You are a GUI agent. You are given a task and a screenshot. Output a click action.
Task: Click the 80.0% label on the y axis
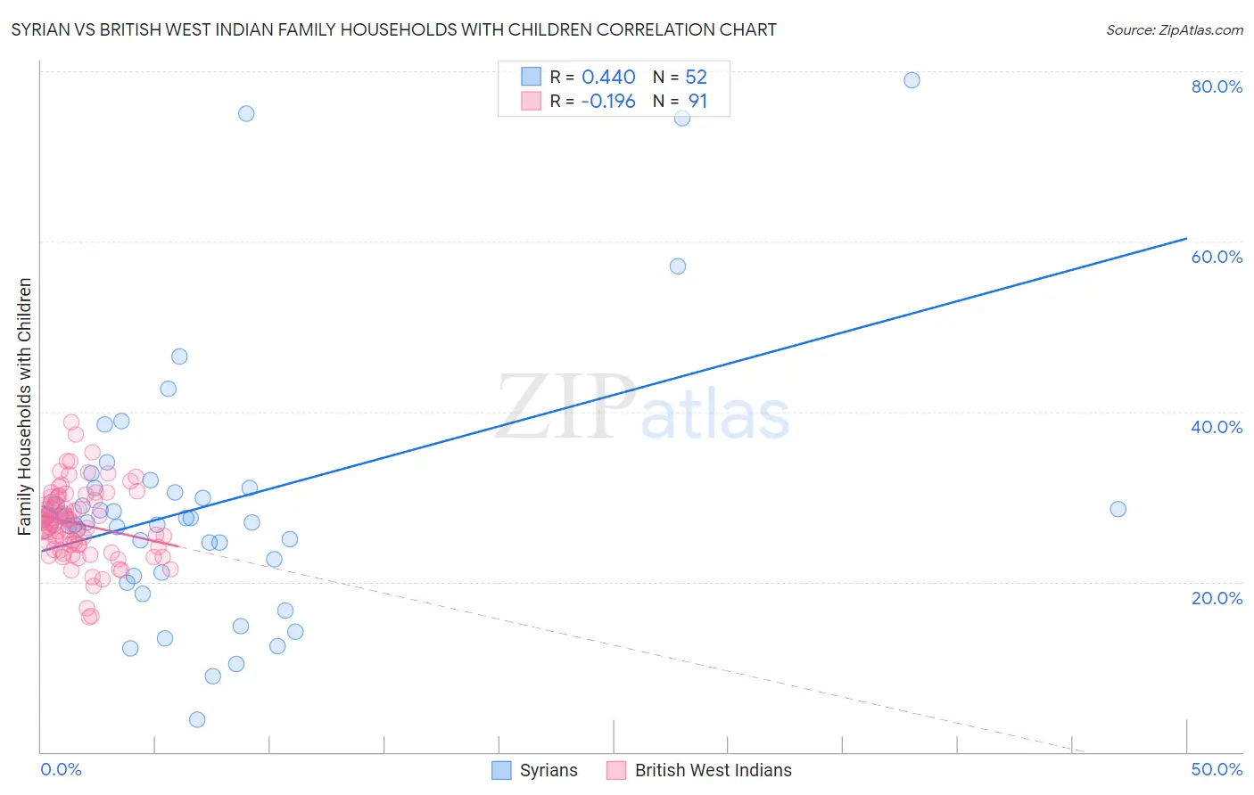pos(1217,86)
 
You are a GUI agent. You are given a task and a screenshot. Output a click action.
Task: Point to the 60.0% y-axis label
pos(1217,257)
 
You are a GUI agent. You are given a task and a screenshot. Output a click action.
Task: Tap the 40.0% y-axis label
pos(1217,427)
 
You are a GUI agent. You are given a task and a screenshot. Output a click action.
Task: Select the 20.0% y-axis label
pos(1217,597)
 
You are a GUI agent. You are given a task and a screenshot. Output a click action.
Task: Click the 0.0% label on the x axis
pos(61,769)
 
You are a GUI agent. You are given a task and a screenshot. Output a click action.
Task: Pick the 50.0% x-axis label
pos(1217,769)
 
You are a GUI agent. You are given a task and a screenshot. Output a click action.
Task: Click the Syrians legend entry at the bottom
pos(548,770)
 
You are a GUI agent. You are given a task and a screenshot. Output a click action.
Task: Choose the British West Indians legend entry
pos(713,770)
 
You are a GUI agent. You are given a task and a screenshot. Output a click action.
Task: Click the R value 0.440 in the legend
pos(608,78)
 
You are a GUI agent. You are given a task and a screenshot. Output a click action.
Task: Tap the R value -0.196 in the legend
pos(607,102)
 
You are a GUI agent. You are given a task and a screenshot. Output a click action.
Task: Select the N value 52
pos(696,78)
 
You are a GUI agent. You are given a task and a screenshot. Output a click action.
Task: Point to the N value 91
pos(697,102)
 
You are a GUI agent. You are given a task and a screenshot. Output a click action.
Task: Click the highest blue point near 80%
pos(912,80)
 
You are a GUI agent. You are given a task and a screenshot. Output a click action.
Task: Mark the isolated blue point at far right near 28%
pos(1118,509)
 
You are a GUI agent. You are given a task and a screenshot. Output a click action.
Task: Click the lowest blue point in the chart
pos(197,719)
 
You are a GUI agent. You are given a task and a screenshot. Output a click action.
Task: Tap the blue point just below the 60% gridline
pos(678,266)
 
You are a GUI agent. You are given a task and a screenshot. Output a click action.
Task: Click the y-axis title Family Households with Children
pos(24,406)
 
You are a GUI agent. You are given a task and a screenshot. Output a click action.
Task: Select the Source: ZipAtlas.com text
pos(1174,30)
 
